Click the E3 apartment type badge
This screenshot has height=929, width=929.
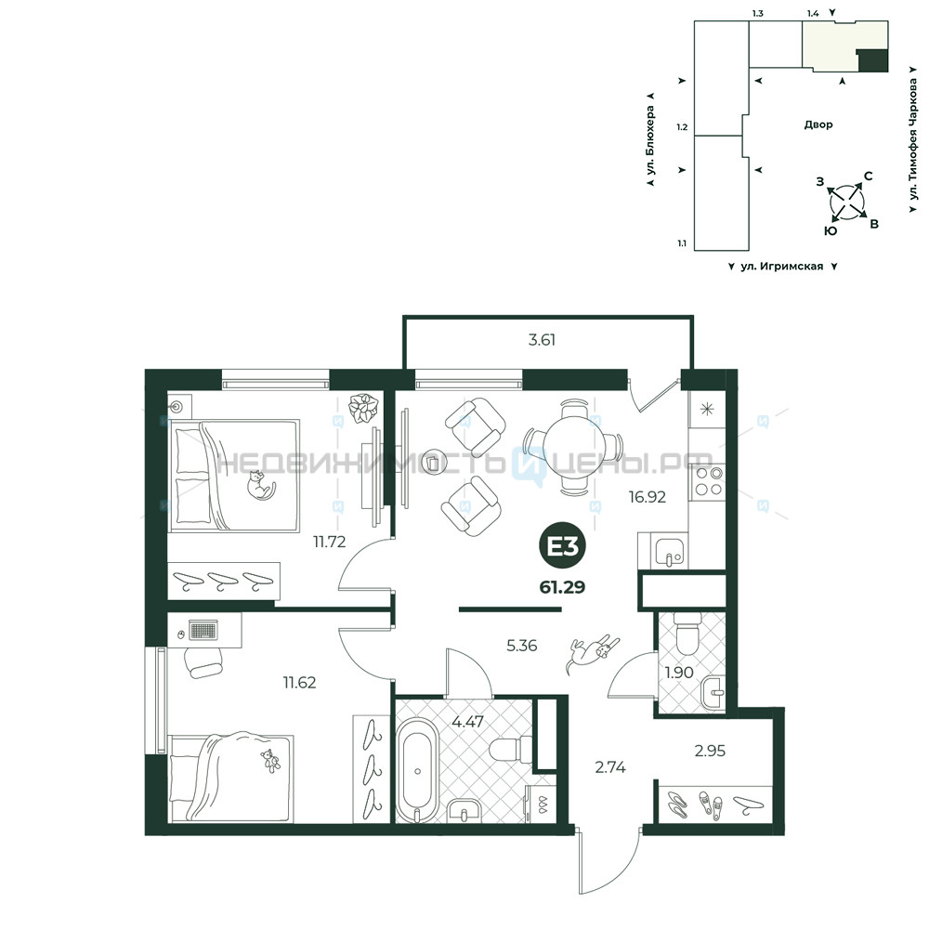click(562, 547)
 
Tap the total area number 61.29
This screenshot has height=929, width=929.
click(562, 587)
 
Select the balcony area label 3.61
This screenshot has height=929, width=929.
click(542, 340)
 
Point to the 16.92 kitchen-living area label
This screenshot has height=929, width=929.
click(647, 496)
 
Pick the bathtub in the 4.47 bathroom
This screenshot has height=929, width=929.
click(417, 770)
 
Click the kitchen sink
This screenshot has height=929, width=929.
click(670, 550)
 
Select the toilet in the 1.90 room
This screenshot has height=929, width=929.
click(688, 634)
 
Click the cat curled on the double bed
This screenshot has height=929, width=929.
click(261, 485)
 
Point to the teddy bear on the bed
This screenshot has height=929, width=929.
click(270, 761)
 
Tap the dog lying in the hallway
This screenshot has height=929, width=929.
click(593, 653)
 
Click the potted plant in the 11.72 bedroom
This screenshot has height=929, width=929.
click(362, 408)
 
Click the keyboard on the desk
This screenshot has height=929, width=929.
click(203, 630)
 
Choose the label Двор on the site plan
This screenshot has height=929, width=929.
click(818, 124)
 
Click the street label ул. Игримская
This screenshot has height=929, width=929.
click(781, 267)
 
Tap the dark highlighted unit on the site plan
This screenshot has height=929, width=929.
click(873, 61)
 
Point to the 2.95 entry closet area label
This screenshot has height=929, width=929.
click(710, 751)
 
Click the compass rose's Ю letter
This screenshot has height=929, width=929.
click(831, 231)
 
